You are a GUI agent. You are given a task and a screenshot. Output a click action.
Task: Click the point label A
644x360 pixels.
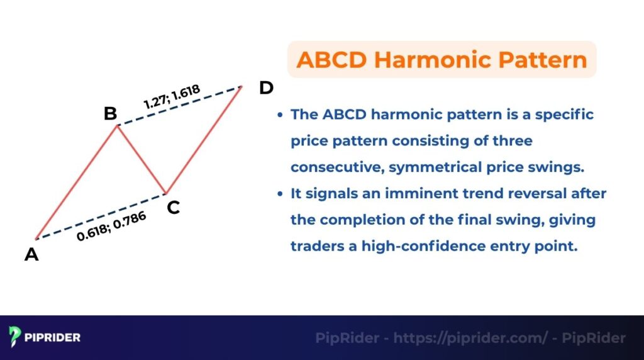point(31,255)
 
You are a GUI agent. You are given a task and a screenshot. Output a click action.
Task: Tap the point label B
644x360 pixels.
point(110,113)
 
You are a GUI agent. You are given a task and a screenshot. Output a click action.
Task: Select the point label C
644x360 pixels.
point(174,207)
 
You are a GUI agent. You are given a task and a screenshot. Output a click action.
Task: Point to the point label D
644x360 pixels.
point(266,87)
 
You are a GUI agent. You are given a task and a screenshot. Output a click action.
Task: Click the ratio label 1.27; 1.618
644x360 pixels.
point(172,98)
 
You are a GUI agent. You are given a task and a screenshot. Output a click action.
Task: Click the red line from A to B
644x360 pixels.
point(75,183)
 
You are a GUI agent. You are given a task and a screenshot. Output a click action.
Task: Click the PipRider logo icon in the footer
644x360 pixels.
point(15,337)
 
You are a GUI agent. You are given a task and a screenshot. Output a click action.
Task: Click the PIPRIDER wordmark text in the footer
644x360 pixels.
point(53,338)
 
